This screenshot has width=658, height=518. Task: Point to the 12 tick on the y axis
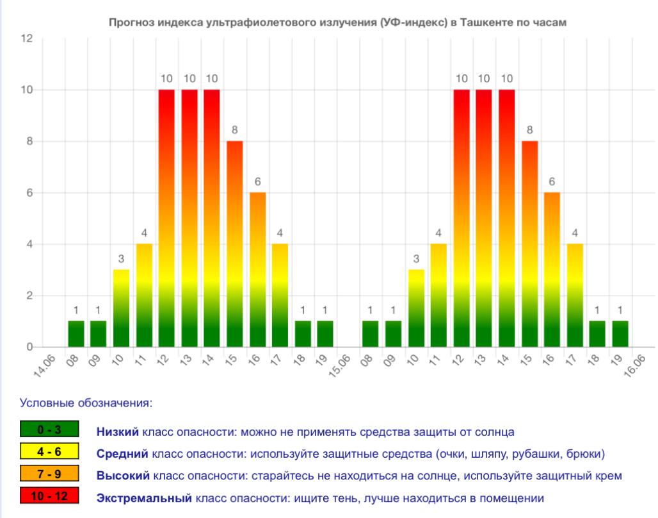click(x=26, y=38)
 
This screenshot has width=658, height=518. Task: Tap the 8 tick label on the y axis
click(x=29, y=142)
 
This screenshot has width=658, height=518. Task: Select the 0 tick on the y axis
click(x=29, y=347)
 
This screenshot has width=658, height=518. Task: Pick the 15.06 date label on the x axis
click(x=339, y=366)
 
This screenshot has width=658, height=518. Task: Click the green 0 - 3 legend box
click(x=49, y=429)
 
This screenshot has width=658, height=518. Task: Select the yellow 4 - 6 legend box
click(x=49, y=451)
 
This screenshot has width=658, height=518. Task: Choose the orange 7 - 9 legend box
click(x=49, y=474)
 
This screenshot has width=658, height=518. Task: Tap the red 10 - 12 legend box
click(x=49, y=496)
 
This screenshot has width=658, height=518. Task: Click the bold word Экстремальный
click(x=144, y=498)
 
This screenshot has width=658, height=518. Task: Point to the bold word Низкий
click(x=118, y=432)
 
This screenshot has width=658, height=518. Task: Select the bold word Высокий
click(x=123, y=476)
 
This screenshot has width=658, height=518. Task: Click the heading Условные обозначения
click(x=86, y=403)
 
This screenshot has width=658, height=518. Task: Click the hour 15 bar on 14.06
click(x=235, y=244)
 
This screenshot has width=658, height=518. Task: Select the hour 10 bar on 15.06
click(x=416, y=308)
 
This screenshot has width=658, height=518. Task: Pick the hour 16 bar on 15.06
click(x=552, y=270)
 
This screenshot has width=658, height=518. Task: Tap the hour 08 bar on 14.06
click(x=76, y=334)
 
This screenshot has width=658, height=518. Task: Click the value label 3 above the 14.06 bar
click(x=121, y=259)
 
